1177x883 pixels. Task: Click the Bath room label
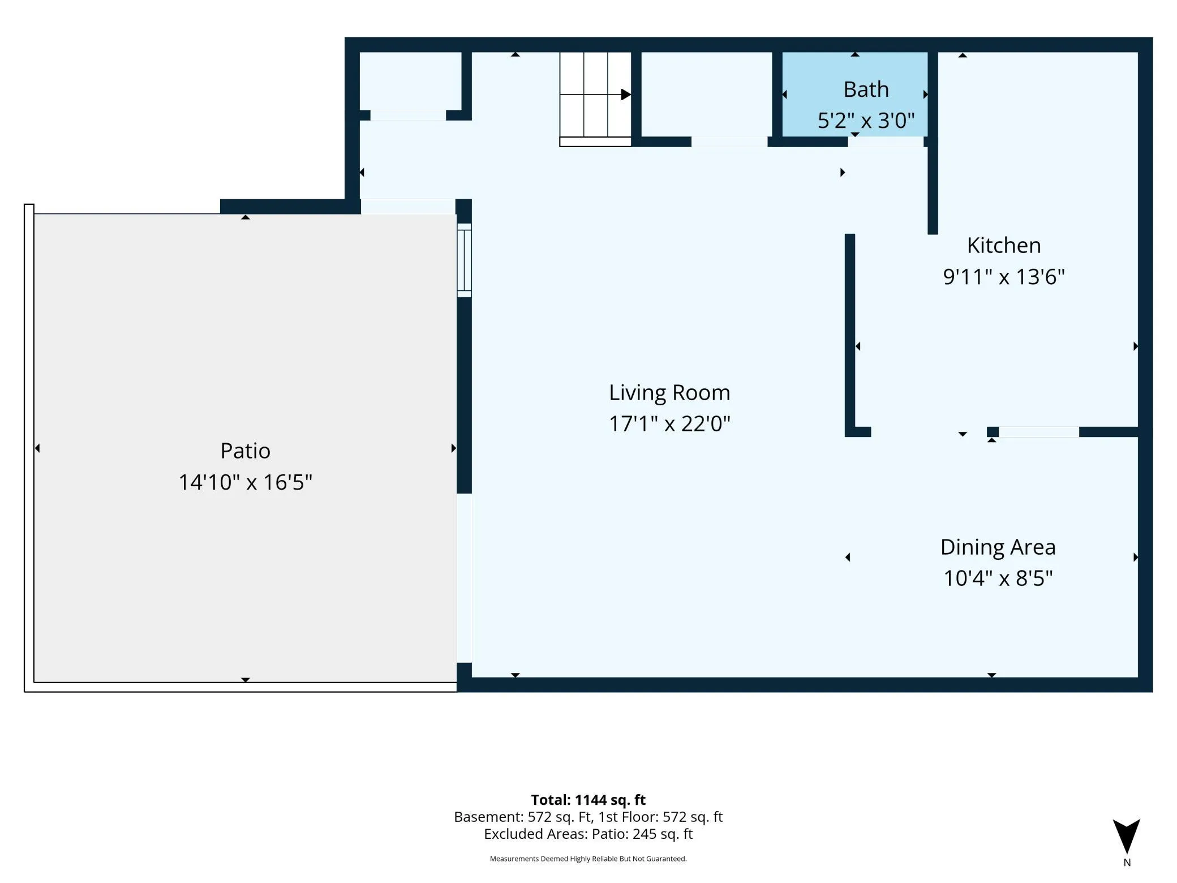[866, 89]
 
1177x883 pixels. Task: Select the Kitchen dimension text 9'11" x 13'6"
[1004, 277]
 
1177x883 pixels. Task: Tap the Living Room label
[669, 393]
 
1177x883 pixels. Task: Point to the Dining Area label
[998, 547]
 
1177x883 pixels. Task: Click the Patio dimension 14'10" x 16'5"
[245, 482]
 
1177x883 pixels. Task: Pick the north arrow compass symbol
[1126, 836]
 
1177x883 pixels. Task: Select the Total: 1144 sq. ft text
[588, 800]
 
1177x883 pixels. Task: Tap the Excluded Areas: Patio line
[588, 834]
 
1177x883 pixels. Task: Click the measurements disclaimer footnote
[588, 859]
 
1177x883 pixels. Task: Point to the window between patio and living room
[464, 260]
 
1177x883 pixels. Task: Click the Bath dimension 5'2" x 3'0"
[866, 121]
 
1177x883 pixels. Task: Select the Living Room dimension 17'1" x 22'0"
[669, 424]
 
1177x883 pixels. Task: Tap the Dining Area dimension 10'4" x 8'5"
[998, 578]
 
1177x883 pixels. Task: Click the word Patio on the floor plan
[245, 451]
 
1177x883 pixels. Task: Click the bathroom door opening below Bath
[886, 142]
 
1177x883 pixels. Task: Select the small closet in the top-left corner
[410, 81]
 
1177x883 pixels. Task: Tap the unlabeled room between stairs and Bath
[706, 94]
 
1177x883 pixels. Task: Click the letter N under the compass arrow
[1127, 863]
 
